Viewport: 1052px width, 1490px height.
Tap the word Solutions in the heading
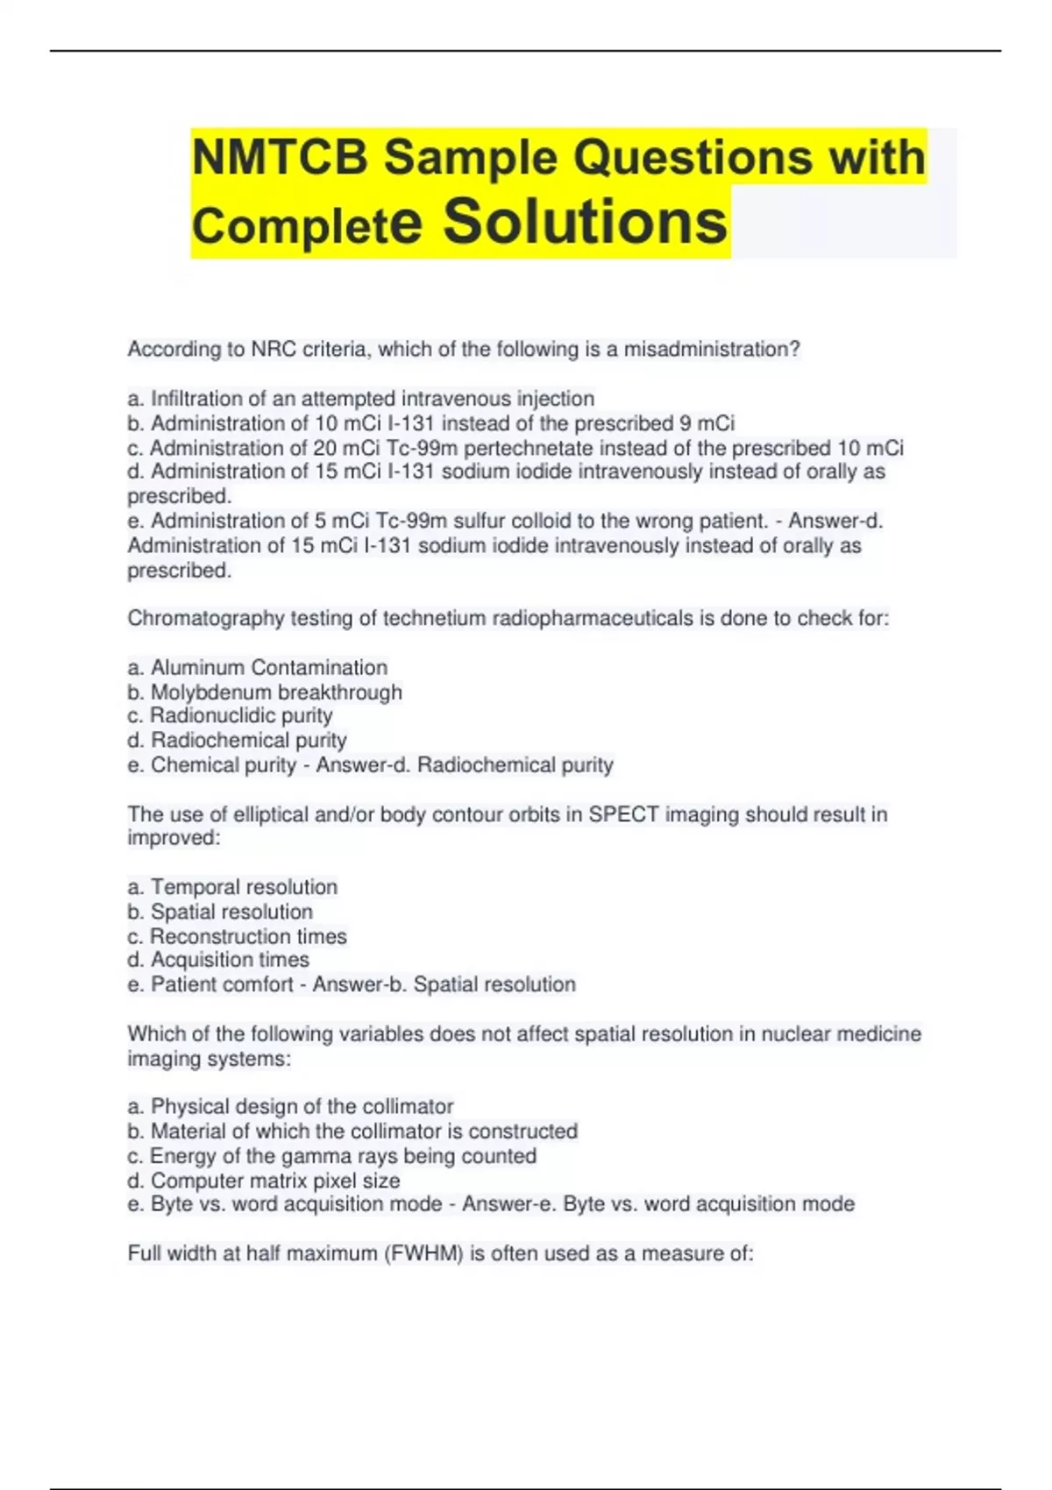click(585, 222)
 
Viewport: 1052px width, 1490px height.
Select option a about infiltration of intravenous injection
click(360, 399)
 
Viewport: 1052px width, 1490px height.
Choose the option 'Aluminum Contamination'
click(258, 668)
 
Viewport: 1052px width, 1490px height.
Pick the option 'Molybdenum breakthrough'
click(265, 692)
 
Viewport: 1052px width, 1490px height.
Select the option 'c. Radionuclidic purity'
click(230, 715)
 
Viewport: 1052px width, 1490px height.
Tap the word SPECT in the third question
click(623, 814)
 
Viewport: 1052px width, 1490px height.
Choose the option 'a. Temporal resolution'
click(232, 887)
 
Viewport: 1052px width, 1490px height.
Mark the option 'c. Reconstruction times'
click(237, 936)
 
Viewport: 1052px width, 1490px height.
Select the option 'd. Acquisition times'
click(218, 960)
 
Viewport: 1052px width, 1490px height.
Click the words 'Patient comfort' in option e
click(222, 984)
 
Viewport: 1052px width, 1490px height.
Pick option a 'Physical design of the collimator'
click(290, 1106)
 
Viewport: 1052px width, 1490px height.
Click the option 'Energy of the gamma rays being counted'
click(331, 1156)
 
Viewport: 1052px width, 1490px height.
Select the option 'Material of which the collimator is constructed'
click(352, 1131)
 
